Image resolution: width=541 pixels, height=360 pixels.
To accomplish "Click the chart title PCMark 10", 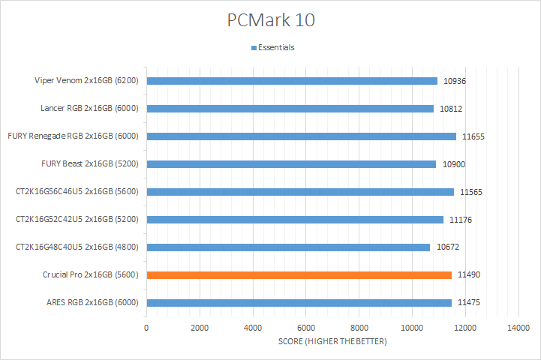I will pyautogui.click(x=271, y=20).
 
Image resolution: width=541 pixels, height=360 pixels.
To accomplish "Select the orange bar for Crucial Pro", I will pyautogui.click(x=299, y=275).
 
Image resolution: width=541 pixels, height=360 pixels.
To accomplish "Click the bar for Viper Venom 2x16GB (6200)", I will pyautogui.click(x=291, y=81).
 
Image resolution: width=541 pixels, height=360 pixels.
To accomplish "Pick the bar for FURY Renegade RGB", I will pyautogui.click(x=301, y=136).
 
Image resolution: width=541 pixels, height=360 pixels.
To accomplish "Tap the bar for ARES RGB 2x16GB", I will pyautogui.click(x=299, y=303).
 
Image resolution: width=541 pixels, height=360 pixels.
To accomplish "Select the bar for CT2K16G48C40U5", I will pyautogui.click(x=288, y=247).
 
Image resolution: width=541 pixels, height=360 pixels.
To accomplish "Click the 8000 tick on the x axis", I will pyautogui.click(x=359, y=328).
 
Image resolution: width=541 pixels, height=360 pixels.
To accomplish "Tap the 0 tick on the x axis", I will pyautogui.click(x=146, y=328).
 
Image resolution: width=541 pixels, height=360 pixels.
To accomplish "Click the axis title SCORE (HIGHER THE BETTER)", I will pyautogui.click(x=332, y=342).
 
